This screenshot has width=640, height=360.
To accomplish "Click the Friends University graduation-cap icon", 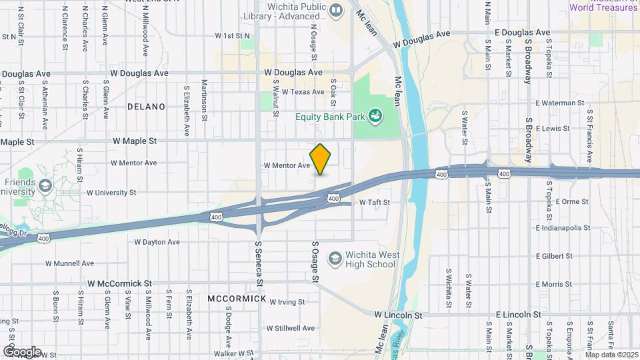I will [x=45, y=185].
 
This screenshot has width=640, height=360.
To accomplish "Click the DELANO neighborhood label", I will [x=146, y=107].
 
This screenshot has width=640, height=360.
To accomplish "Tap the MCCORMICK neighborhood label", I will [x=237, y=298].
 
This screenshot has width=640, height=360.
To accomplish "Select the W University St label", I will [x=111, y=193].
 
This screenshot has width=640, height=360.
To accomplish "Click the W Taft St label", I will [x=374, y=202].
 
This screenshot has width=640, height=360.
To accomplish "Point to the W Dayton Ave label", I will [x=157, y=242].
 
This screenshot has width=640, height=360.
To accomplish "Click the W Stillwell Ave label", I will [x=290, y=328].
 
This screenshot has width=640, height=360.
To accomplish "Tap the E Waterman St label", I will [x=559, y=103].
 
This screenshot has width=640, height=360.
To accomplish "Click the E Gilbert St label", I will [x=553, y=256].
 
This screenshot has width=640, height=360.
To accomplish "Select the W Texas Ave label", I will [x=303, y=92].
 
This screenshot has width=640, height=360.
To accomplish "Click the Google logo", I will [x=22, y=351].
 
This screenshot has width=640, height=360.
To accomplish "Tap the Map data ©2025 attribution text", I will [x=612, y=354].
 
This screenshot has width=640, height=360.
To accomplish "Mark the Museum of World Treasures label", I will [x=603, y=6].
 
